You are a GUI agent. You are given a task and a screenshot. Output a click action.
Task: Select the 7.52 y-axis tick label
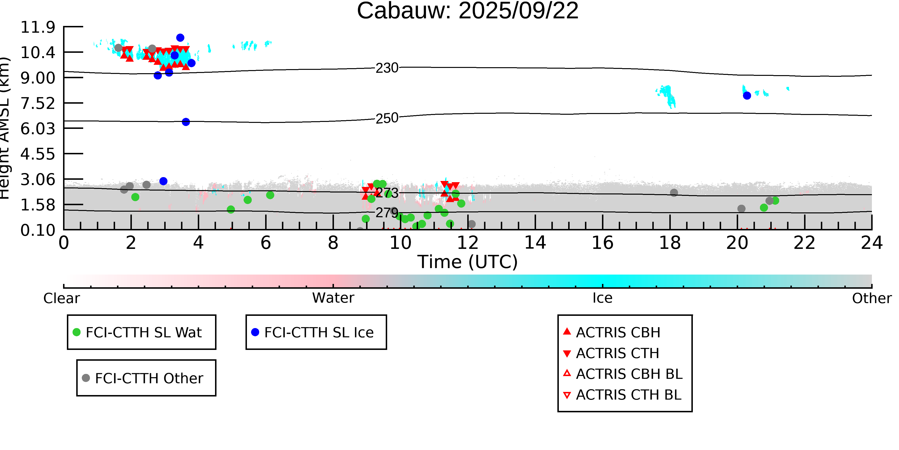click(x=38, y=103)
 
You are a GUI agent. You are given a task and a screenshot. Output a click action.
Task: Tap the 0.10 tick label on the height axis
click(x=38, y=230)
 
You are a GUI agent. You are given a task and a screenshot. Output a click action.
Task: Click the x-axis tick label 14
click(x=535, y=243)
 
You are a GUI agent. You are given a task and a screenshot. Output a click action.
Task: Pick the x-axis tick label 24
click(x=871, y=243)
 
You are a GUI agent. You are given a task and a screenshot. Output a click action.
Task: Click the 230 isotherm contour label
click(x=387, y=68)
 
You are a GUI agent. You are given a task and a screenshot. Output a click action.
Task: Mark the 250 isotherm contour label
click(x=387, y=118)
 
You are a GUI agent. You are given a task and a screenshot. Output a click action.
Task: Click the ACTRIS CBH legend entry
click(x=618, y=332)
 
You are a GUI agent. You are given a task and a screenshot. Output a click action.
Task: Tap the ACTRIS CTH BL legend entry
click(x=628, y=395)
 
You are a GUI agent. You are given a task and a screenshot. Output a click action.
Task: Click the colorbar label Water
click(x=333, y=298)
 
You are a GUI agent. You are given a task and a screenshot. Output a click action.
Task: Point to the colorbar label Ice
click(x=602, y=298)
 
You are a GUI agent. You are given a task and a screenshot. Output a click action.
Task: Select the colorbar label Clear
click(x=61, y=298)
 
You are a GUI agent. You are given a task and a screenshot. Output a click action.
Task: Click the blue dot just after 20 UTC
click(x=747, y=95)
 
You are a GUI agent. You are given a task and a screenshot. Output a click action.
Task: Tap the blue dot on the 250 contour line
click(x=186, y=122)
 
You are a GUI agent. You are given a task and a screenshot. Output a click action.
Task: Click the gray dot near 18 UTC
click(x=674, y=192)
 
